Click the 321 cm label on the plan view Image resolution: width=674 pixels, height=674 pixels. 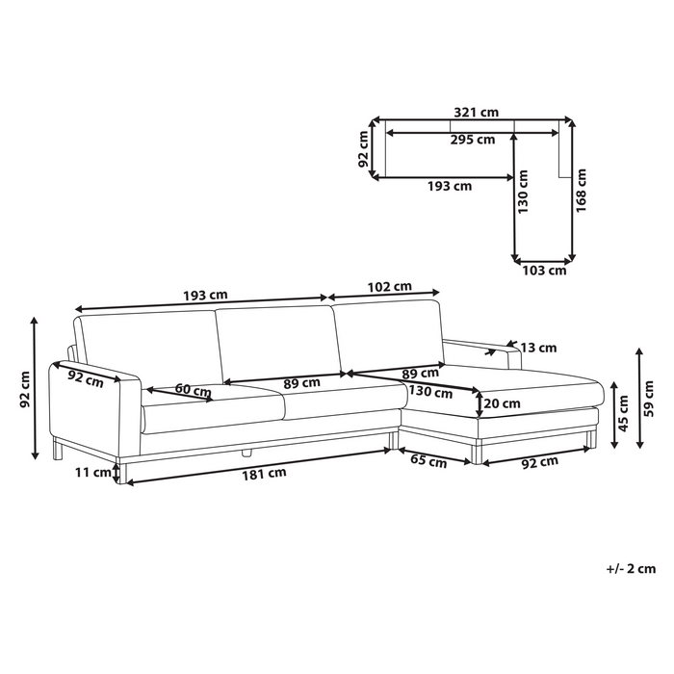click(477, 113)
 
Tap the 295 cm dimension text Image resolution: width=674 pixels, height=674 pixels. click(473, 140)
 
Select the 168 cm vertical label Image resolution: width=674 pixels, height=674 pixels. click(581, 190)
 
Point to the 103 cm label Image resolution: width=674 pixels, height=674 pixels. click(544, 271)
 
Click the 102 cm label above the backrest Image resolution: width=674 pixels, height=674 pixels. click(389, 287)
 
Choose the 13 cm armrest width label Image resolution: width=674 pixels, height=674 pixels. click(538, 348)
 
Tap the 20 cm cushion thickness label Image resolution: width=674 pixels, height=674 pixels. click(502, 403)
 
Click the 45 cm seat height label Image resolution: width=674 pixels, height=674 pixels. click(623, 413)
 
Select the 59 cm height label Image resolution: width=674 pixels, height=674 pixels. click(649, 399)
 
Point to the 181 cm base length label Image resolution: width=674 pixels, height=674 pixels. click(264, 474)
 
